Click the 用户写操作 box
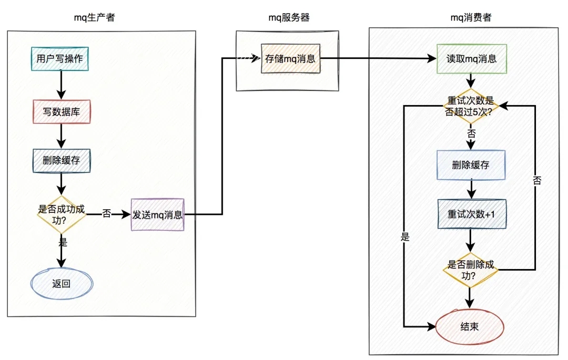pos(59,59)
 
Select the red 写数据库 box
pos(62,111)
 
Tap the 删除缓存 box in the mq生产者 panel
pos(62,160)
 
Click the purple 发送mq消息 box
pos(158,214)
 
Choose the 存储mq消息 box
pos(290,58)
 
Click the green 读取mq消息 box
pos(471,59)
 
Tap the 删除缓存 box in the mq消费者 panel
pos(471,165)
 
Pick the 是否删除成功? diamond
pos(470,269)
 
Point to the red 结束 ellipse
pos(470,326)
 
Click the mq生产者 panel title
pos(94,17)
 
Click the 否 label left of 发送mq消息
pos(106,214)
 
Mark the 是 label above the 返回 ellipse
pos(63,242)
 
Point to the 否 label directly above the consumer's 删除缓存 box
pos(471,135)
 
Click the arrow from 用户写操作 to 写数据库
pos(62,84)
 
